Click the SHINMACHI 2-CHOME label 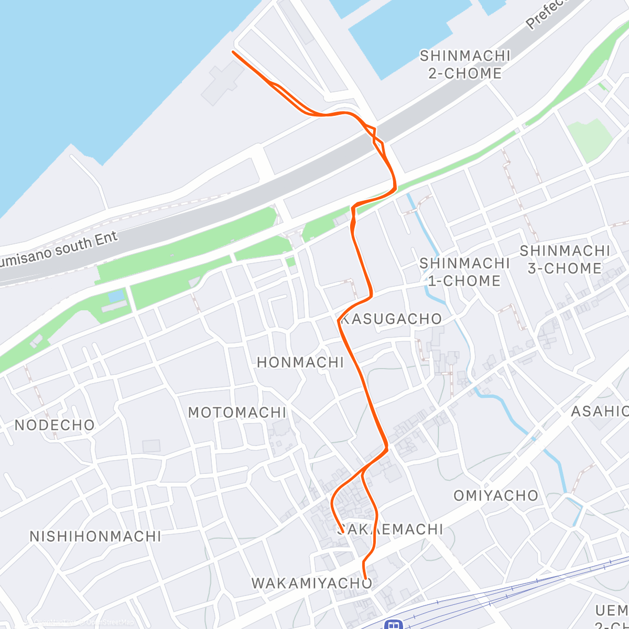(465, 64)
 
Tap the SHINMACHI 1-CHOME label (464, 272)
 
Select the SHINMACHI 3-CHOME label (565, 259)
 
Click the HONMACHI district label (300, 362)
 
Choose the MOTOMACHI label (237, 413)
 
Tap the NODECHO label (55, 425)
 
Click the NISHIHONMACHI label (95, 536)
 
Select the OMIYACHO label (496, 495)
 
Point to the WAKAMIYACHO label (312, 583)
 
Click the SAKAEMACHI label (391, 529)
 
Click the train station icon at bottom (392, 624)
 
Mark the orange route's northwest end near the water (233, 52)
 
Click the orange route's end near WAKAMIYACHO (365, 578)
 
